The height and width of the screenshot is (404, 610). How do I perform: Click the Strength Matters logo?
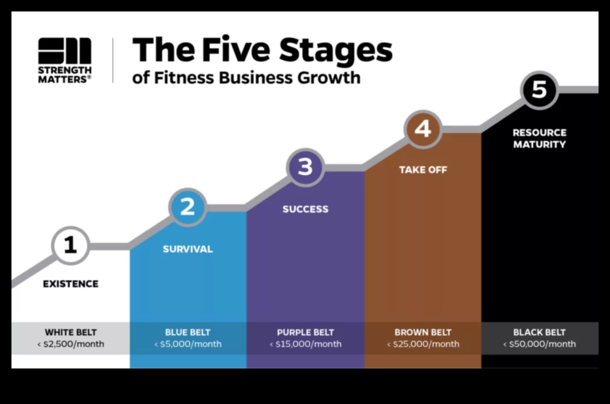click(64, 60)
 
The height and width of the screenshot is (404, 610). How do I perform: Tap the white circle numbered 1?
click(71, 245)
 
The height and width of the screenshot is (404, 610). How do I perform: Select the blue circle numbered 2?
click(187, 207)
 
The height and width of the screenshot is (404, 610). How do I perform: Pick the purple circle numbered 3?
click(305, 167)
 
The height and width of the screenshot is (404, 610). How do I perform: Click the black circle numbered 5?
click(539, 90)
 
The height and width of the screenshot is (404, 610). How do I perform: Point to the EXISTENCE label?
click(71, 284)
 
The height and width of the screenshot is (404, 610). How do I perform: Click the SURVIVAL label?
click(187, 249)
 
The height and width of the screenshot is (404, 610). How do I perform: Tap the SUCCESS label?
click(305, 209)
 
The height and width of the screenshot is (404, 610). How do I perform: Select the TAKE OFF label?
click(423, 170)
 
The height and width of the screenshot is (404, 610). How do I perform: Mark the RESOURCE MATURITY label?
click(539, 138)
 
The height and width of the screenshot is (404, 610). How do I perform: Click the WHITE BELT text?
click(71, 332)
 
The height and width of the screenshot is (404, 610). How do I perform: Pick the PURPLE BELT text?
click(305, 332)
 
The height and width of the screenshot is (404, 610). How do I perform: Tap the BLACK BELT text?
click(539, 332)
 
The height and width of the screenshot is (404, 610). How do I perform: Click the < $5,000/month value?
click(187, 344)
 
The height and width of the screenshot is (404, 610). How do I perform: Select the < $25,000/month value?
click(423, 344)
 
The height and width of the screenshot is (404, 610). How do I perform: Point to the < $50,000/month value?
click(539, 344)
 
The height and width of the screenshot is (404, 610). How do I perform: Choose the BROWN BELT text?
click(423, 332)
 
